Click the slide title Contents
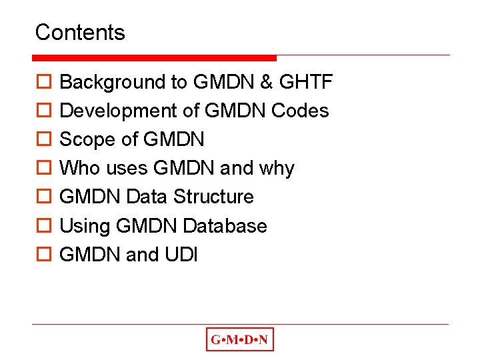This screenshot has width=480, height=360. [80, 32]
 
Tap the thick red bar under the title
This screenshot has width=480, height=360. [155, 58]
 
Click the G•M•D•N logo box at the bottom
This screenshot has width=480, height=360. [239, 340]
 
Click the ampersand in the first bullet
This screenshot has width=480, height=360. [266, 82]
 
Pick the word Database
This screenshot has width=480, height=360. [225, 226]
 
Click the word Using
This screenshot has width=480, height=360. [85, 227]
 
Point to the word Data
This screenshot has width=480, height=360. [146, 197]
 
